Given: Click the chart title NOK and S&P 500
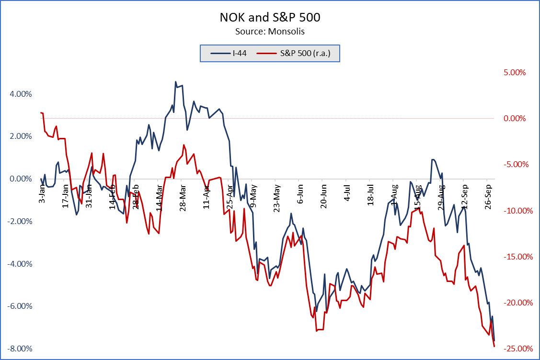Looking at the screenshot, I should pyautogui.click(x=270, y=18).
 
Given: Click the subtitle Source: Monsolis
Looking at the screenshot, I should pyautogui.click(x=270, y=32).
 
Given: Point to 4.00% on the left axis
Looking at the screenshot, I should pyautogui.click(x=21, y=94).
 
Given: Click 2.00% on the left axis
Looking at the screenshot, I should pyautogui.click(x=21, y=136).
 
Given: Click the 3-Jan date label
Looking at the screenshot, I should pyautogui.click(x=42, y=193).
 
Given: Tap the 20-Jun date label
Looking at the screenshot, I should pyautogui.click(x=323, y=195).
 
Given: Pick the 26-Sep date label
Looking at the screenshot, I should pyautogui.click(x=487, y=195).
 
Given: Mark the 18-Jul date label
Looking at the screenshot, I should pyautogui.click(x=370, y=195).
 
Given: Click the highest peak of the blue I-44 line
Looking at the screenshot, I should pyautogui.click(x=175, y=81).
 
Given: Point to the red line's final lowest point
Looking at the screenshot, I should pyautogui.click(x=494, y=347).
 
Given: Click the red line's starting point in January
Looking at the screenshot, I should pyautogui.click(x=41, y=112).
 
